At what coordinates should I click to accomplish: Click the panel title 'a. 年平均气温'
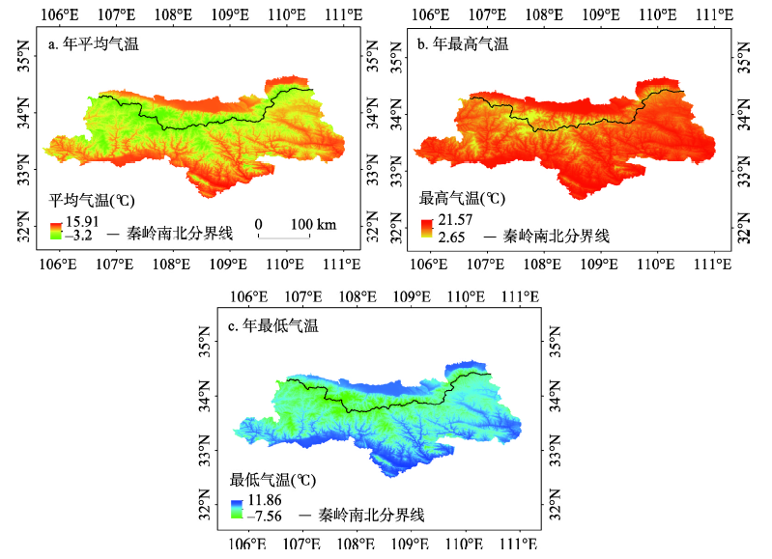[x=95, y=43]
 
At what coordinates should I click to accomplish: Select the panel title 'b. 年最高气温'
[x=462, y=43]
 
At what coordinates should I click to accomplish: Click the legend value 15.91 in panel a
[x=81, y=221]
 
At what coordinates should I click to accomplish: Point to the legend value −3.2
[x=78, y=235]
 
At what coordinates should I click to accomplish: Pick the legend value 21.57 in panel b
[x=453, y=222]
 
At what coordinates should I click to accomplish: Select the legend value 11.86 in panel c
[x=266, y=503]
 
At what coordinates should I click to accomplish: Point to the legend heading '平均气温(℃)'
[x=93, y=202]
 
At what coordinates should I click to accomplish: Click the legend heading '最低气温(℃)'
[x=273, y=480]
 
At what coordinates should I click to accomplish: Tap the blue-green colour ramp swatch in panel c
[x=238, y=509]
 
